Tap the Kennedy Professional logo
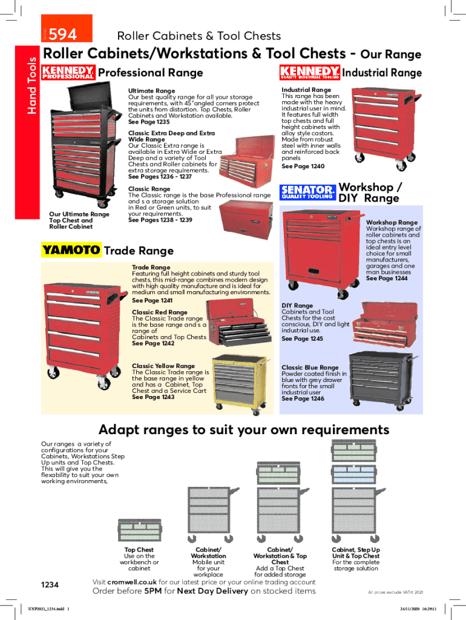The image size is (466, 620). [x=68, y=73]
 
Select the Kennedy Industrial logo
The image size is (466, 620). [x=309, y=73]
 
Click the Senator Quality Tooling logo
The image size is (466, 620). [x=307, y=193]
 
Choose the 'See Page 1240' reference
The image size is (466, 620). [x=303, y=167]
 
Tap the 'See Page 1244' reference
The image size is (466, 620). [x=387, y=279]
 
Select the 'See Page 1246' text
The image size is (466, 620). [x=303, y=399]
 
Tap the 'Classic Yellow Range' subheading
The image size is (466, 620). [x=163, y=366]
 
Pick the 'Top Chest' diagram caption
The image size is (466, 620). [x=139, y=550]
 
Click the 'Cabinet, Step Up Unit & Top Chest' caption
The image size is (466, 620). [x=356, y=553]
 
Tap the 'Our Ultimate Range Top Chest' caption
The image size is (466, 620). [x=79, y=220]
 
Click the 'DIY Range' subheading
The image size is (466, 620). [x=297, y=306]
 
